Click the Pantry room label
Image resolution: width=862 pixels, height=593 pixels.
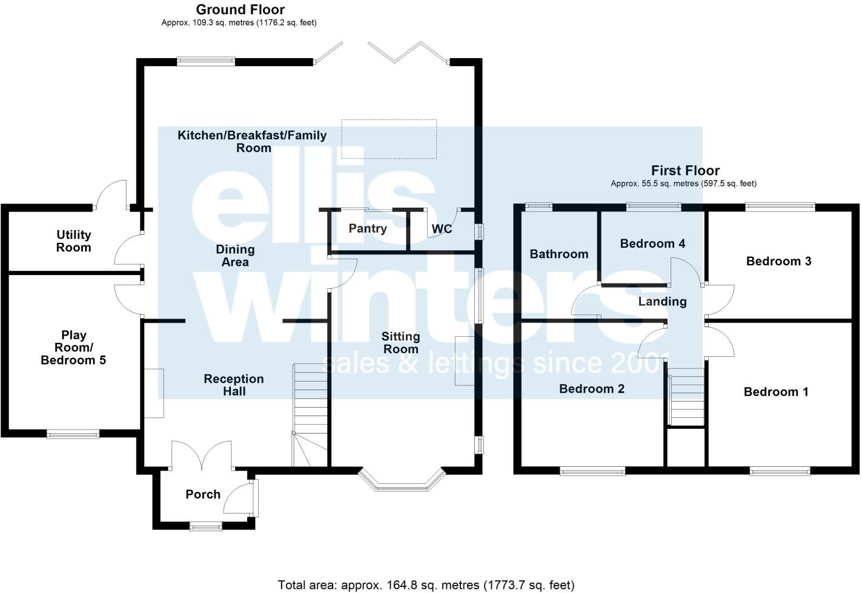(x=368, y=228)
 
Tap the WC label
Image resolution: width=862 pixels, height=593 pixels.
(x=442, y=229)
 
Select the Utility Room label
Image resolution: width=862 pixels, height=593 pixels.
(x=74, y=241)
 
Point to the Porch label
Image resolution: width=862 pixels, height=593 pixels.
(x=203, y=494)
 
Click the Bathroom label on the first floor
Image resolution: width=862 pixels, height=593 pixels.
(x=559, y=254)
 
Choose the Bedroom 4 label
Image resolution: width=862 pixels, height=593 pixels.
(x=652, y=243)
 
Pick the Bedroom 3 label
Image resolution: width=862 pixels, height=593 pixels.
(x=778, y=261)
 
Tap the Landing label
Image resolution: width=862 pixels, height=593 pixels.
(x=662, y=302)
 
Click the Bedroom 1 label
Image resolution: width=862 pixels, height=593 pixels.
(x=775, y=392)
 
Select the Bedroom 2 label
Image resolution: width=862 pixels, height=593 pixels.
(x=591, y=389)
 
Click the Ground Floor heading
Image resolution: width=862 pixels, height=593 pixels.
(x=240, y=10)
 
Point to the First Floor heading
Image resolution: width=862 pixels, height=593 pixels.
(x=685, y=171)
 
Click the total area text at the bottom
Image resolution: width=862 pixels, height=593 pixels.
(x=426, y=585)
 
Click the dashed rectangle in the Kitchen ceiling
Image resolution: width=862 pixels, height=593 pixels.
(x=388, y=139)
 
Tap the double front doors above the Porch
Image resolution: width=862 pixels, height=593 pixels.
(x=202, y=454)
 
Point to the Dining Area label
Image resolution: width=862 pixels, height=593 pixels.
(x=235, y=256)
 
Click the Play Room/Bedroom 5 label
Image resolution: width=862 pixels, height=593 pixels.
(x=73, y=348)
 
